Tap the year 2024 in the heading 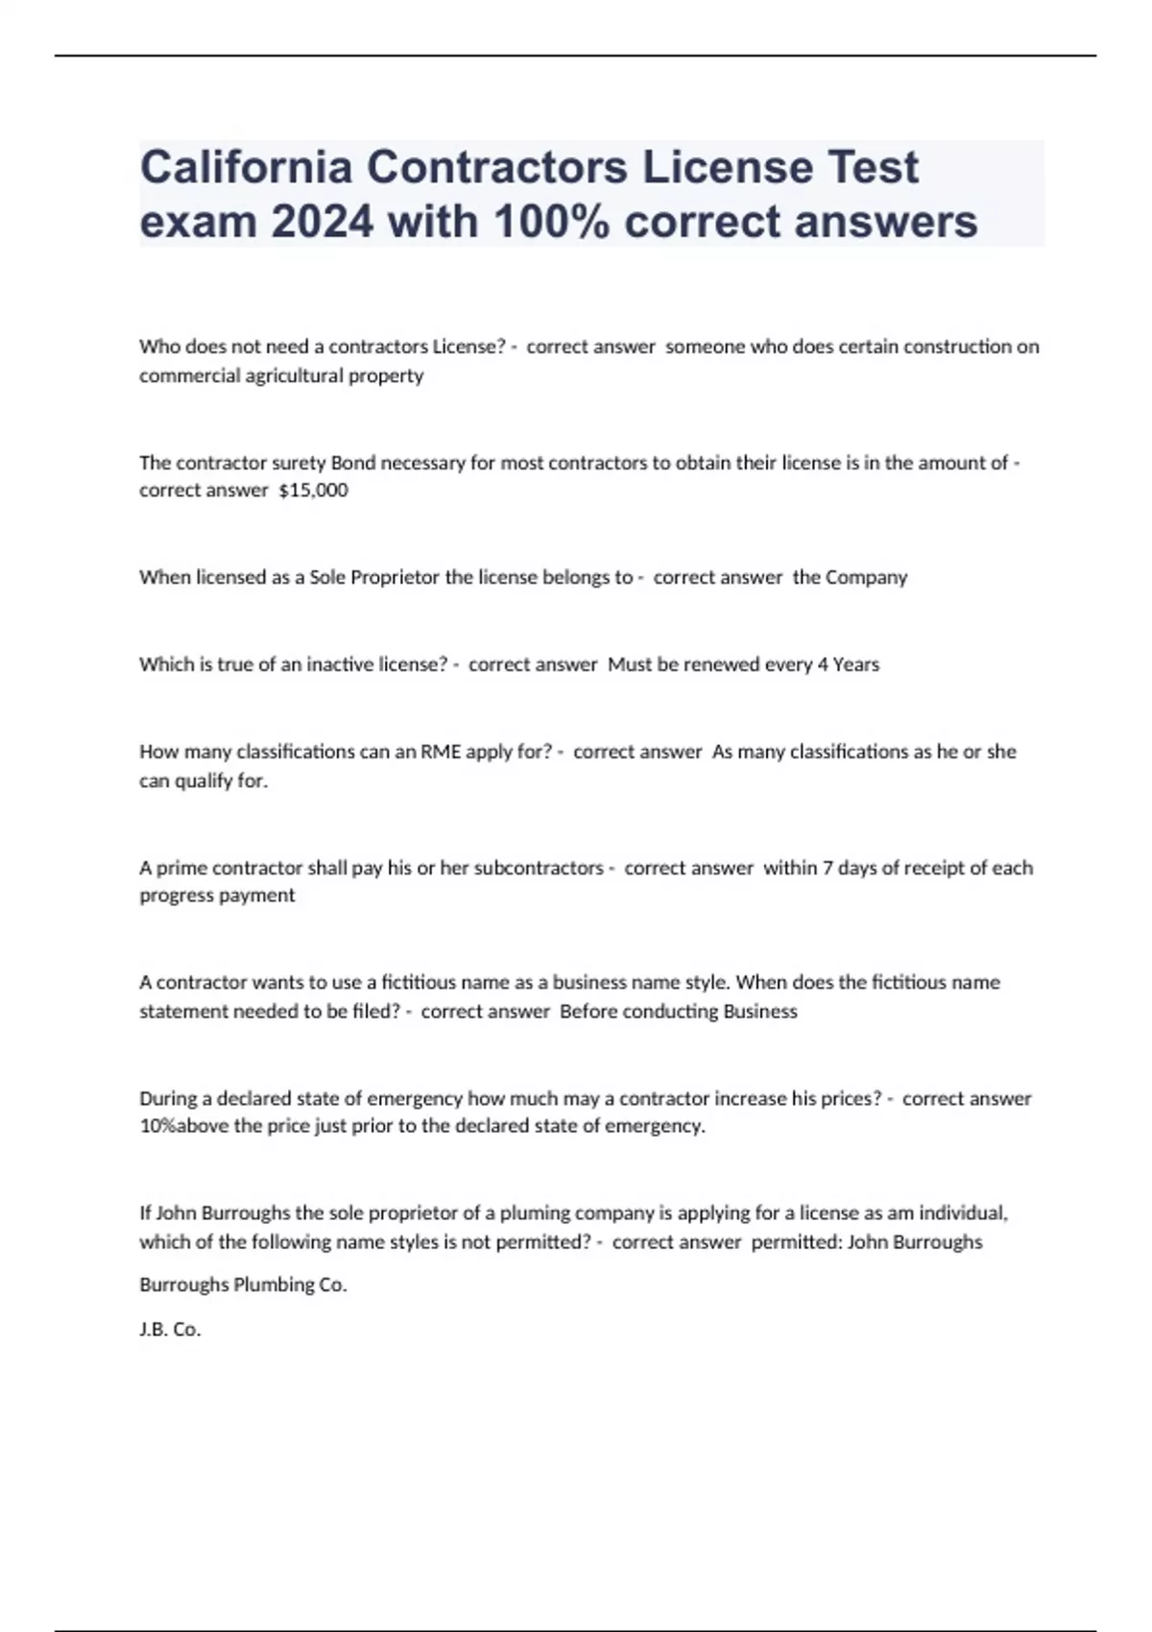coord(323,223)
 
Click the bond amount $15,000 coord(313,491)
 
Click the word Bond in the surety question coord(352,463)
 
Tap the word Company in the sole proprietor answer coord(866,577)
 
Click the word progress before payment coord(177,896)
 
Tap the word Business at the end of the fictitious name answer coord(760,1012)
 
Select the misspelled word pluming coord(531,1213)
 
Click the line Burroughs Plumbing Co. coord(243,1284)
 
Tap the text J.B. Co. coord(170,1330)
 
